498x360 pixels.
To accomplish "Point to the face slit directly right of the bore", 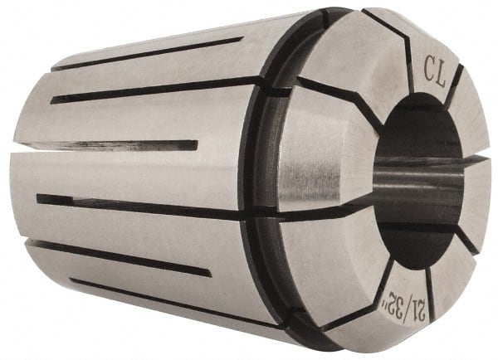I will click(481, 157).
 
